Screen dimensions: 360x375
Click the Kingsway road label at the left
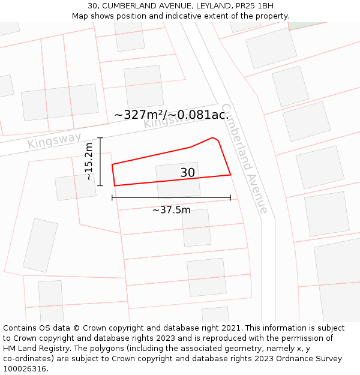(54, 142)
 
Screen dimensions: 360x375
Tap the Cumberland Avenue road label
(244, 158)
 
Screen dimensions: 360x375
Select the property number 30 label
(188, 173)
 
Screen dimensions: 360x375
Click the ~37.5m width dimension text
(171, 210)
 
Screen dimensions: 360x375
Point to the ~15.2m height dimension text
(89, 161)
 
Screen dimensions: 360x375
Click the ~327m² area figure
(139, 115)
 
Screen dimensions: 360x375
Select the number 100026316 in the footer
(27, 369)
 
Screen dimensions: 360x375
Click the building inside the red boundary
(178, 180)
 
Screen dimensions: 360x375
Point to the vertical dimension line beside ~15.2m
(100, 161)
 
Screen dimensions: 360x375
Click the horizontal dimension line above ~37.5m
(171, 197)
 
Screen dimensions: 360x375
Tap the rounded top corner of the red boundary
(213, 139)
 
